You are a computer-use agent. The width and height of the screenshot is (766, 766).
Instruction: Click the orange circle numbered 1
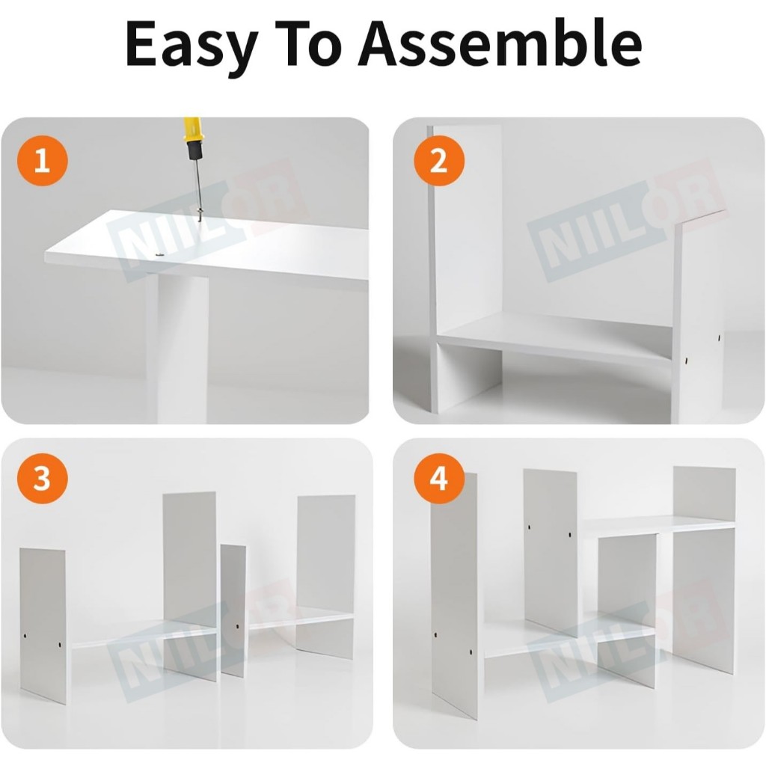pyautogui.click(x=42, y=160)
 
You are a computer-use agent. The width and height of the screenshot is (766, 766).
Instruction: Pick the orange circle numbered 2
pyautogui.click(x=438, y=160)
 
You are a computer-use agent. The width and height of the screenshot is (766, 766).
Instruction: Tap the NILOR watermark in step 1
pyautogui.click(x=208, y=220)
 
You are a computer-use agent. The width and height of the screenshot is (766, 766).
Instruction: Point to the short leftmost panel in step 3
pyautogui.click(x=43, y=626)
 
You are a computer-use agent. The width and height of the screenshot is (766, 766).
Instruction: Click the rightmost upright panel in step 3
pyautogui.click(x=325, y=577)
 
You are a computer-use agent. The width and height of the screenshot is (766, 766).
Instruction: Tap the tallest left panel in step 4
pyautogui.click(x=454, y=596)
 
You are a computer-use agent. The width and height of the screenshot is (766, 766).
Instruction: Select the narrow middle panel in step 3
pyautogui.click(x=233, y=611)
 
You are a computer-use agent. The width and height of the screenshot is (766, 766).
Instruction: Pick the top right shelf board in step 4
pyautogui.click(x=657, y=524)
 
